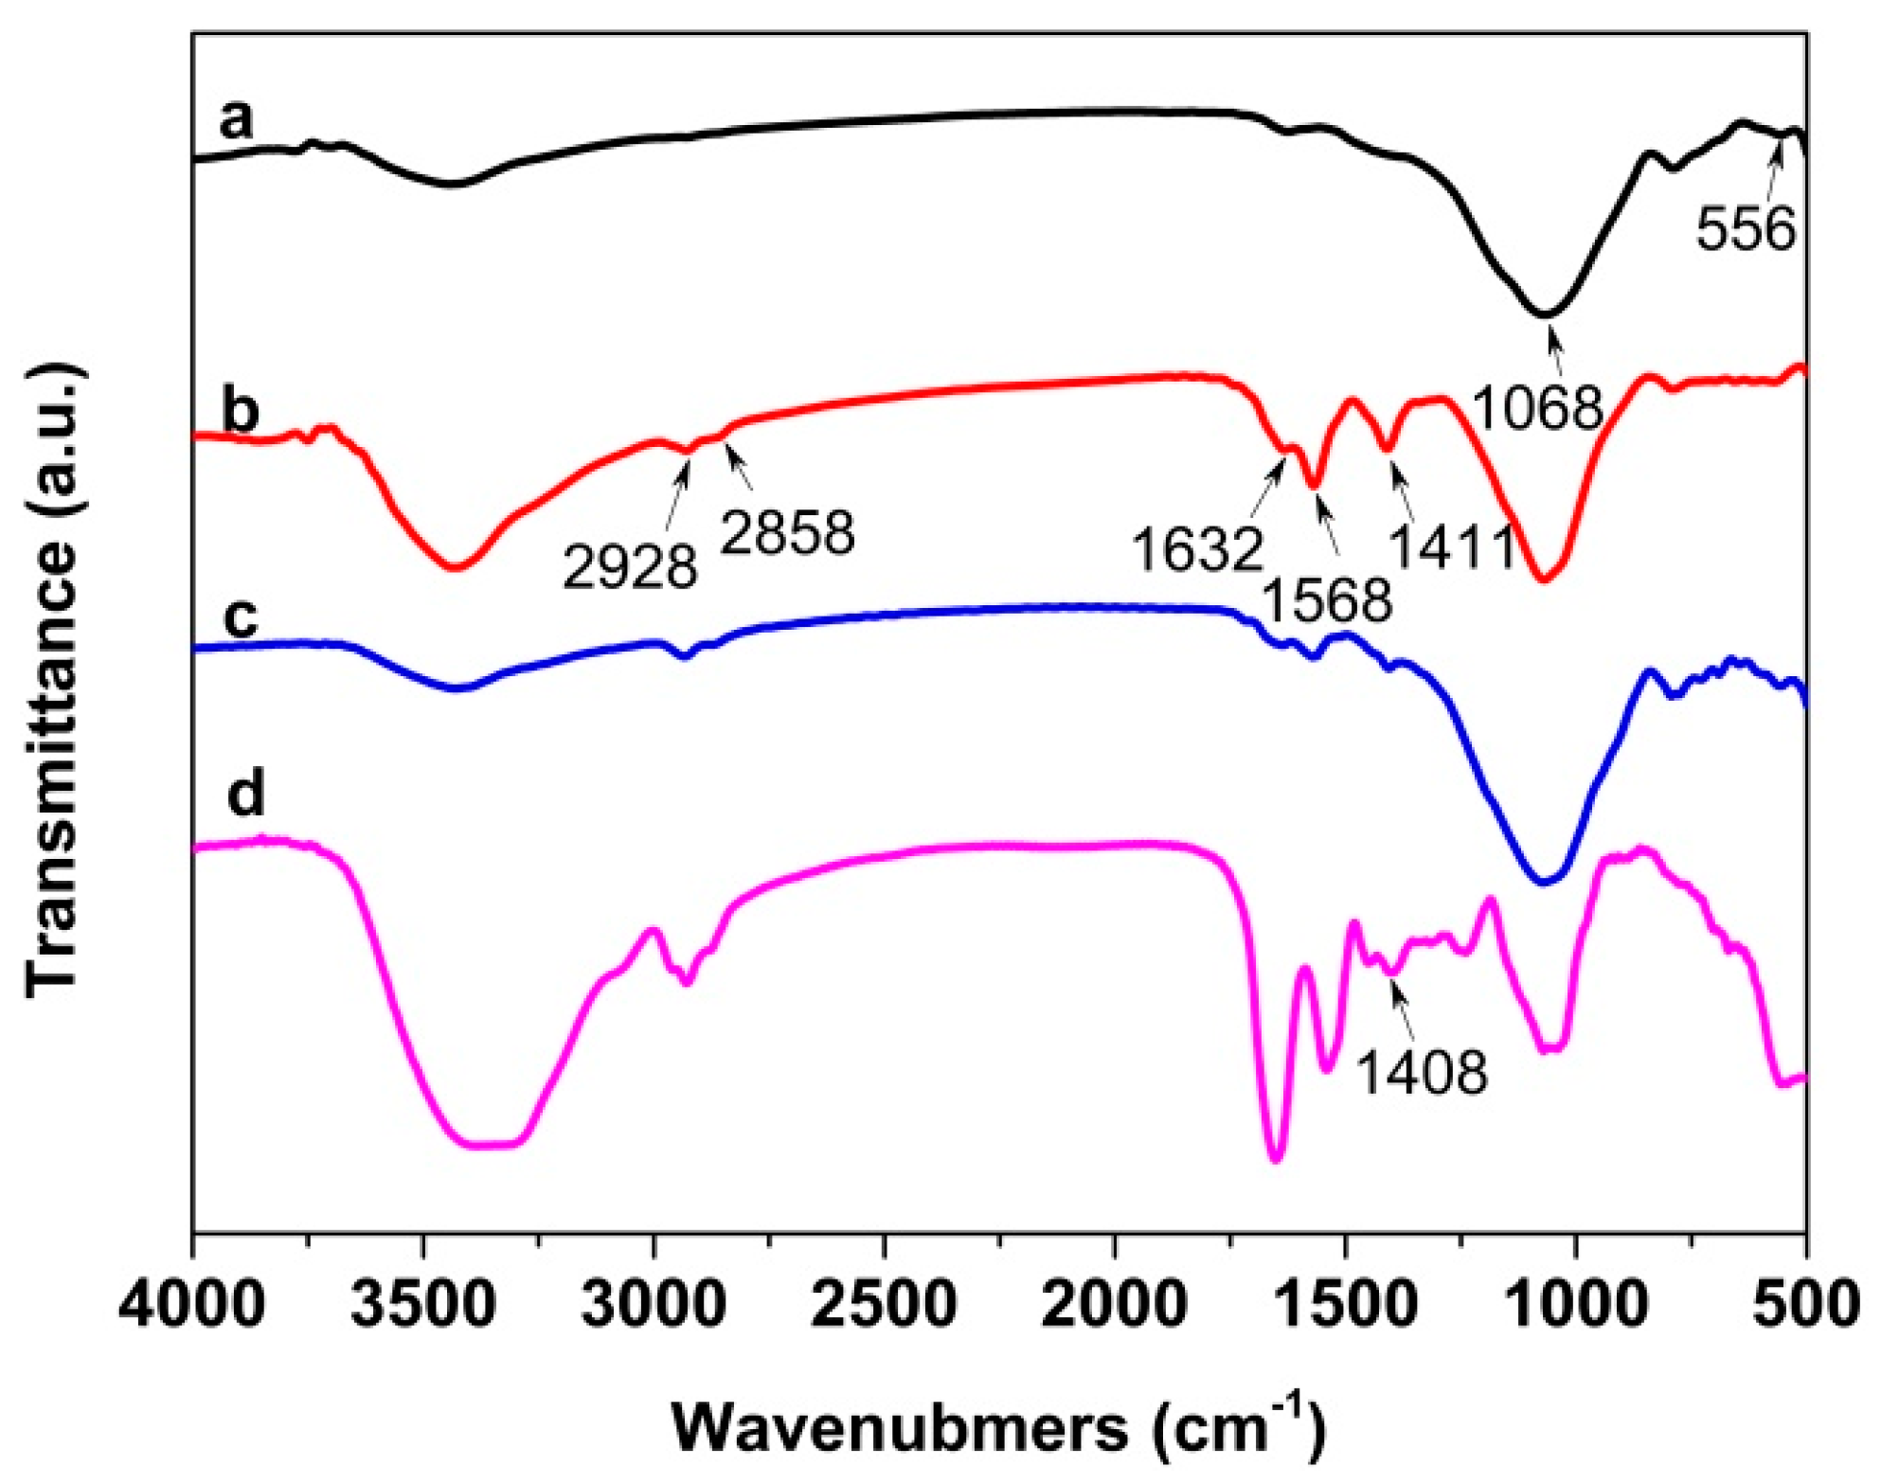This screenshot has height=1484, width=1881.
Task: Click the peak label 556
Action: point(1745,229)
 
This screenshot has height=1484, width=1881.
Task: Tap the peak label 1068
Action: point(1537,408)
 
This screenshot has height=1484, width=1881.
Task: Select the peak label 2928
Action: point(630,567)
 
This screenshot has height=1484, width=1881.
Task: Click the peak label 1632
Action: point(1197,549)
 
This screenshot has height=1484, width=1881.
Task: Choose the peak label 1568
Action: point(1327,599)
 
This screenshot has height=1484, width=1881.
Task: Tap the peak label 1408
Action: point(1422,1073)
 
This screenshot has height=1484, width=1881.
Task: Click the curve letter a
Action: point(236,119)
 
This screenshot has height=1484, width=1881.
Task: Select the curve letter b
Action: point(240,412)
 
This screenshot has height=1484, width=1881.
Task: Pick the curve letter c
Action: point(241,617)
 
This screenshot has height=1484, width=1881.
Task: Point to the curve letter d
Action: point(245,794)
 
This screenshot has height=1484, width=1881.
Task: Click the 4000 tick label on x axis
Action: point(192,1305)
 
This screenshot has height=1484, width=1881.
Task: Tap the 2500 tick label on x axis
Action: point(884,1305)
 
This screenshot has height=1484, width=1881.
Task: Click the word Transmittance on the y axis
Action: point(52,767)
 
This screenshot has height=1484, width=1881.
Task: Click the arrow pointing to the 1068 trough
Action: point(1555,349)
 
